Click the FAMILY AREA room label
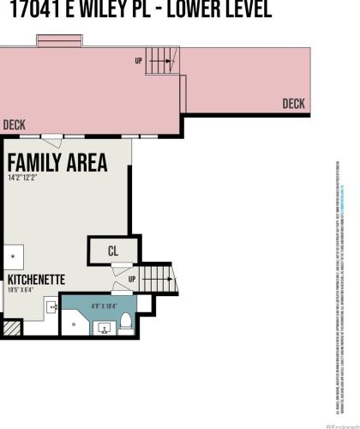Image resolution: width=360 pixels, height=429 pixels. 57,162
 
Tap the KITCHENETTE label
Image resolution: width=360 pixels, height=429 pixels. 35,280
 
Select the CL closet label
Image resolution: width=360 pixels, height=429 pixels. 112,251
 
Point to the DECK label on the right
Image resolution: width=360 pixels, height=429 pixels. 294,104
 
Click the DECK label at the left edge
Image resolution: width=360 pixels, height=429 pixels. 14,124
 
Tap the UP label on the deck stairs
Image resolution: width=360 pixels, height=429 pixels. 139,61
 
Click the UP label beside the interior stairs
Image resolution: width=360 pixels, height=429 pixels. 131,280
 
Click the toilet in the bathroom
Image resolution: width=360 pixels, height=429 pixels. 126,322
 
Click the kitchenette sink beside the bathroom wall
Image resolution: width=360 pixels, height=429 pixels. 51,307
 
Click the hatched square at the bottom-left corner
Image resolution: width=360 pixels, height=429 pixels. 10,327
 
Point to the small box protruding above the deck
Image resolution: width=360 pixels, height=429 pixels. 57,41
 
